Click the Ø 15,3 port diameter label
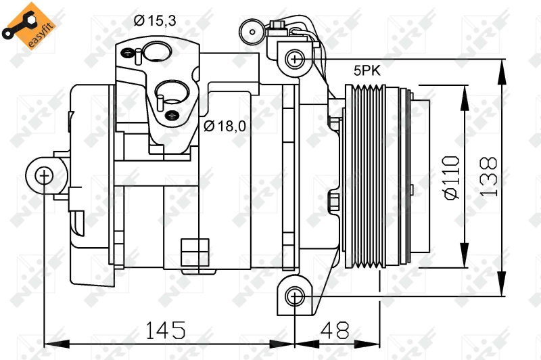coord(155,21)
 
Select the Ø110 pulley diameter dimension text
coord(451,177)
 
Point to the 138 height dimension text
coord(488,177)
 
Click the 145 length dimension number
coord(165,330)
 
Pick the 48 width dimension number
coord(336,330)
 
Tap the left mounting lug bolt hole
coord(44,177)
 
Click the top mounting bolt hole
coord(295,59)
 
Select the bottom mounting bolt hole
coord(295,296)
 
